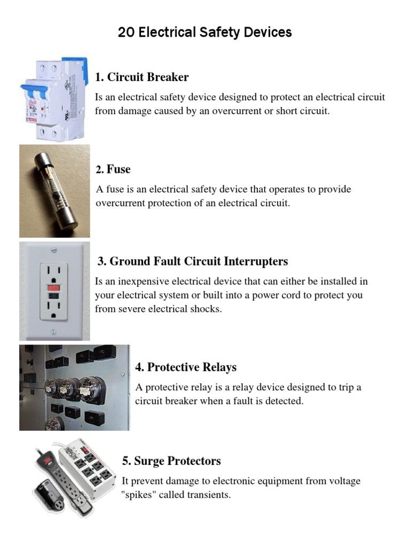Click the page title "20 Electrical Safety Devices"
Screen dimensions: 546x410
[x=205, y=33]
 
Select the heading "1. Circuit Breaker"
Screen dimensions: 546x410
[x=142, y=77]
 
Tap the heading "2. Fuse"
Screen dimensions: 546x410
[x=114, y=170]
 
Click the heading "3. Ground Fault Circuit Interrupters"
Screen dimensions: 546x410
[x=193, y=261]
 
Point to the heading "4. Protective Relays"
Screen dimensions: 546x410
[x=186, y=367]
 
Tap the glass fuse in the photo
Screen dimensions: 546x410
[x=53, y=190]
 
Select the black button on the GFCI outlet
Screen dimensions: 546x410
[x=54, y=295]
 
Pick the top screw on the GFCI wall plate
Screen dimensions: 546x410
[x=54, y=250]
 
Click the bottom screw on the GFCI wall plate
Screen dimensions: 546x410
[x=54, y=332]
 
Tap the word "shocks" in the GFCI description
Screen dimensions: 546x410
[x=205, y=309]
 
